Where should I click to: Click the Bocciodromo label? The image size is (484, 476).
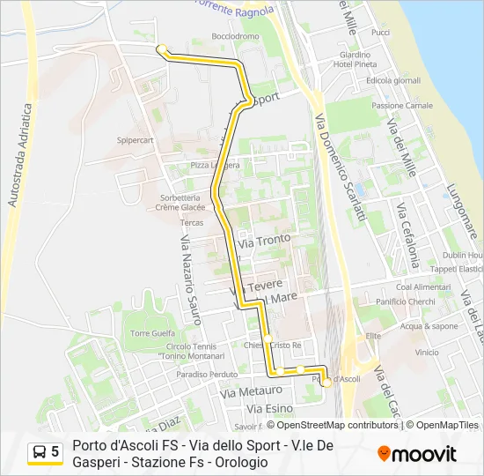coord(236,36)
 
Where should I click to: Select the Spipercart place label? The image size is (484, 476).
coord(136,139)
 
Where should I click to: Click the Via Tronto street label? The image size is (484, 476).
coord(259,241)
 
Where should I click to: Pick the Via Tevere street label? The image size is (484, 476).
coord(256,286)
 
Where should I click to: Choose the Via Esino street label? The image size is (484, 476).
coord(269,409)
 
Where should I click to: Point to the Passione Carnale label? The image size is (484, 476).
coord(402,106)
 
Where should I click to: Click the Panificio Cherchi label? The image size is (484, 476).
coord(406,301)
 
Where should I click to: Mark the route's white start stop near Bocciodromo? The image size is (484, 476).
coord(161,49)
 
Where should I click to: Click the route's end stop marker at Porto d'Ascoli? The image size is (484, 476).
coord(326,382)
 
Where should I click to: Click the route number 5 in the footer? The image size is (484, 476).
coord(55,452)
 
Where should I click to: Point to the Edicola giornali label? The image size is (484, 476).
coord(393,81)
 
